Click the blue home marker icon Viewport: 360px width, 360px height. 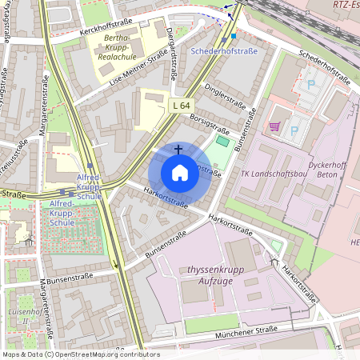(x=180, y=173)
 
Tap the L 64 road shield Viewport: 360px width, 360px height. (x=181, y=105)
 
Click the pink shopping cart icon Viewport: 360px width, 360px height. (x=274, y=126)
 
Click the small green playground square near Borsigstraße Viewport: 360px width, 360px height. (x=222, y=141)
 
